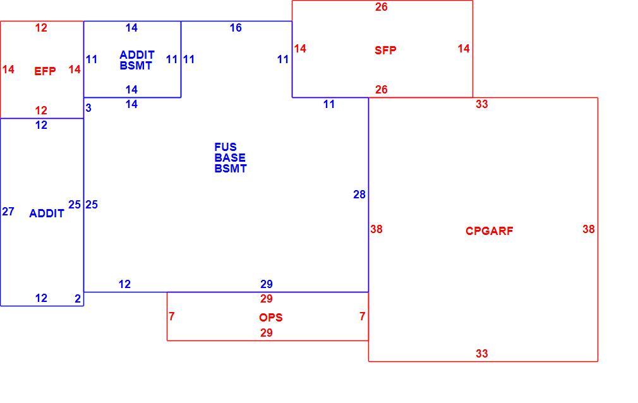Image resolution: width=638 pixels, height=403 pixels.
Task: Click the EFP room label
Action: coord(45,71)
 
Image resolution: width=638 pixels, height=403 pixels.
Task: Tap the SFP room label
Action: coord(385,50)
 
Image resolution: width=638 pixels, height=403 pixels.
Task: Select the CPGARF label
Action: coord(489,231)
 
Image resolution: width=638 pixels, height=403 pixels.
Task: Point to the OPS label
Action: coord(270,318)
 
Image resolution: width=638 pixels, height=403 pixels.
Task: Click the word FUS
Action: coord(226,147)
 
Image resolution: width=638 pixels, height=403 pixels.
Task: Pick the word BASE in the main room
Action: coord(230,157)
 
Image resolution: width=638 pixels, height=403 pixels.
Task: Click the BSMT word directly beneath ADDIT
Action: coord(135,66)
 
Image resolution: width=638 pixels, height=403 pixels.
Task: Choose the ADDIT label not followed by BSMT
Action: coord(47,214)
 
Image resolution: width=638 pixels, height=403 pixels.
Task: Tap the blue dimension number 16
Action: coord(236,28)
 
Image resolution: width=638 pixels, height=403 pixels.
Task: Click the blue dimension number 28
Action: coord(359,195)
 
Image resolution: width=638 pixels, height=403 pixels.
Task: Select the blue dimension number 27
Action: coord(8,212)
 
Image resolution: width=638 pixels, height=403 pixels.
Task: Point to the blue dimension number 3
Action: coord(88,108)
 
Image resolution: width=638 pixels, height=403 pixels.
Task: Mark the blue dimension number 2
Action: coord(78,299)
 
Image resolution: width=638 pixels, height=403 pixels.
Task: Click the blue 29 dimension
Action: coord(267,284)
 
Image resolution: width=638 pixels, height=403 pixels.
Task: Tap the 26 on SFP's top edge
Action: coord(382,7)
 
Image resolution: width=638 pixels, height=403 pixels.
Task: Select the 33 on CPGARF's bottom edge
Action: coord(482,353)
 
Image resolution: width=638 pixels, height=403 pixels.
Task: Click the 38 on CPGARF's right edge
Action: coord(588,229)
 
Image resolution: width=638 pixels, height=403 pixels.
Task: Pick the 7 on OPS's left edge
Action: coord(172,316)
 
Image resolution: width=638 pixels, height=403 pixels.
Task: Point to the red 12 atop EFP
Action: coord(41,28)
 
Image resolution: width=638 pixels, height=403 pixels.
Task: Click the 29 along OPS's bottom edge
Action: coord(267,333)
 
